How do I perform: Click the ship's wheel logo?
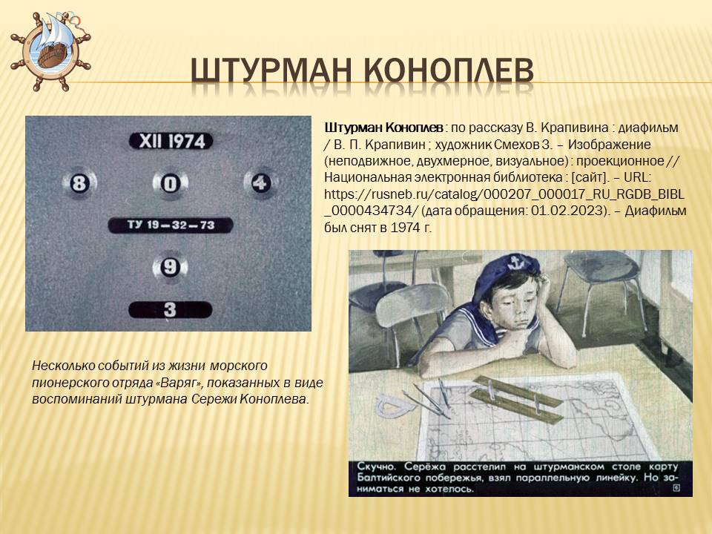pyautogui.click(x=50, y=52)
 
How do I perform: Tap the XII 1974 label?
pyautogui.click(x=171, y=141)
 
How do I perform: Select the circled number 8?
pyautogui.click(x=79, y=183)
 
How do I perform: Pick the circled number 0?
pyautogui.click(x=171, y=184)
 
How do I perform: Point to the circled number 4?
pyautogui.click(x=260, y=183)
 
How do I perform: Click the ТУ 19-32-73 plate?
pyautogui.click(x=171, y=225)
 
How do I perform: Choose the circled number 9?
pyautogui.click(x=170, y=267)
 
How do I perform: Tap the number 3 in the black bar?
pyautogui.click(x=170, y=310)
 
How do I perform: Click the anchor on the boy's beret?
pyautogui.click(x=514, y=263)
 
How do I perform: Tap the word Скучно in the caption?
pyautogui.click(x=375, y=467)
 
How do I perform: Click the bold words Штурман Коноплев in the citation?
pyautogui.click(x=383, y=128)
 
